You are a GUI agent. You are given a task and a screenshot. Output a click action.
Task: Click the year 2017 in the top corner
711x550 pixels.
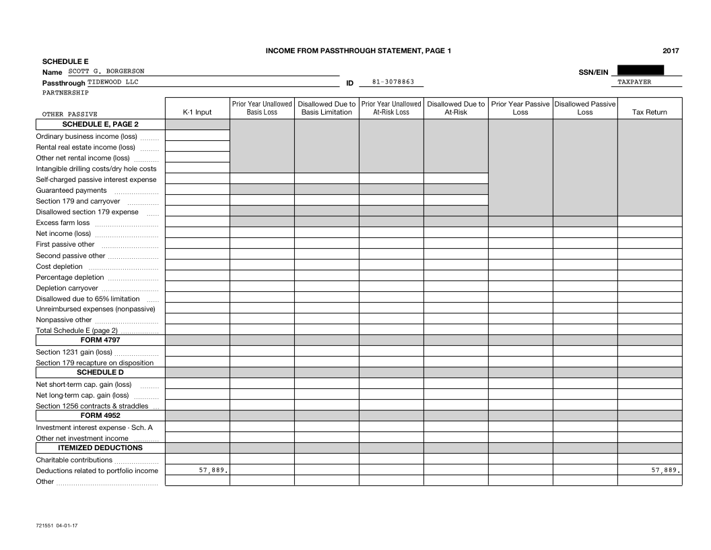coord(671,51)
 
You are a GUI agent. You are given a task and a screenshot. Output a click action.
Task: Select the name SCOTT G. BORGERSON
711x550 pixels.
coord(106,71)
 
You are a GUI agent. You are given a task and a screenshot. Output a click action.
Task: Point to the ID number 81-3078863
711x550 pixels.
coord(393,82)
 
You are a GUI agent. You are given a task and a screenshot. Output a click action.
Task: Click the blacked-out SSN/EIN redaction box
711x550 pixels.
coord(640,70)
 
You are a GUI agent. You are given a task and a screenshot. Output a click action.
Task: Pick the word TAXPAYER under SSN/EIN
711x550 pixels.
coord(635,82)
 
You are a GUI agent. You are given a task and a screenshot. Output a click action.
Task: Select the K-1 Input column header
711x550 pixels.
coord(197,113)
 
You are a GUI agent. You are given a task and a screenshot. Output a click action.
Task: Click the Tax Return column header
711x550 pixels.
coord(649,113)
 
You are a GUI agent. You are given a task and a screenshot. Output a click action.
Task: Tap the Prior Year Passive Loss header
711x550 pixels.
coord(520,109)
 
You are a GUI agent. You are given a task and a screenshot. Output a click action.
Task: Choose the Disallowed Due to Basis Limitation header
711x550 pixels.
coord(327,109)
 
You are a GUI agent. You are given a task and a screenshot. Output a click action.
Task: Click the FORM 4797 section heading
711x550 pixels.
coord(100,340)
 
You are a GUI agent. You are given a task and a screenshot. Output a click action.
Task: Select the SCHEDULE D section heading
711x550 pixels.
coord(100,372)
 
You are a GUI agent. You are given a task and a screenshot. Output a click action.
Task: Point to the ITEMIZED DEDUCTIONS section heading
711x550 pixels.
coord(100,448)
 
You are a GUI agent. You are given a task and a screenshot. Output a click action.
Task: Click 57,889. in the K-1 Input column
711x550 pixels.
coord(213,470)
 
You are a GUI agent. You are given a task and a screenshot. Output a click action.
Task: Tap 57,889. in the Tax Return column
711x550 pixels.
coord(665,470)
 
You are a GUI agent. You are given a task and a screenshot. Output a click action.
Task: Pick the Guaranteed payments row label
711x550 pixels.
coord(71,190)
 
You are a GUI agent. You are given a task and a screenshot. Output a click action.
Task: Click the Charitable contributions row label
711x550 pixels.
coord(74,460)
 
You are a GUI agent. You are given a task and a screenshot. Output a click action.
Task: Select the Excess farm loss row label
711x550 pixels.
coord(63,222)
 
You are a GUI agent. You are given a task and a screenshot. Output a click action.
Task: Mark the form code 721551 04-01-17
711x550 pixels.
coord(57,525)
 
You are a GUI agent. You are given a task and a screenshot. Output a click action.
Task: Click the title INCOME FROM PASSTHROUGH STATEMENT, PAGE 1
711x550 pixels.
coord(358,51)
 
